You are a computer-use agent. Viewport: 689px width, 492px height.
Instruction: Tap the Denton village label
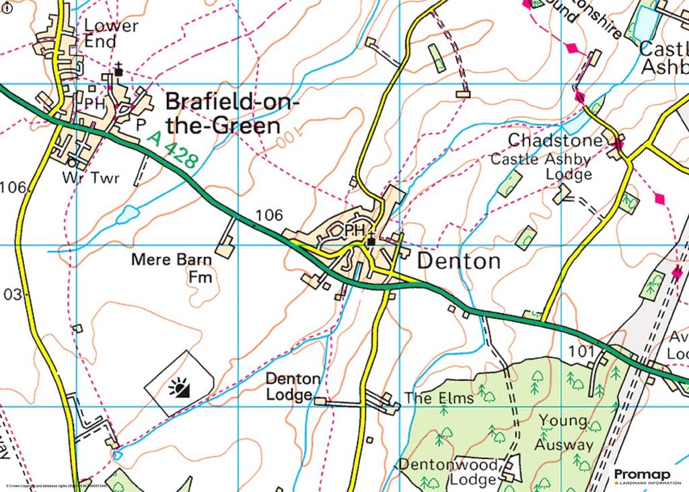pos(460,261)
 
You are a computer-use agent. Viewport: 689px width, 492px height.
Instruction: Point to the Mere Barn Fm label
pos(172,267)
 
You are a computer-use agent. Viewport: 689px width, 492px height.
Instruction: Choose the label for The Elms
pos(439,398)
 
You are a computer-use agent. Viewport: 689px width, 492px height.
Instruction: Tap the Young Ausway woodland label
pos(564,433)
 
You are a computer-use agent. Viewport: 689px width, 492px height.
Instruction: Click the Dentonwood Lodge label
pos(449,471)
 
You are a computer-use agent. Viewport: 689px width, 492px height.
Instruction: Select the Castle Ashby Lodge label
pos(541,167)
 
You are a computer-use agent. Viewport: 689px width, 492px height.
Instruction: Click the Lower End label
pos(111,34)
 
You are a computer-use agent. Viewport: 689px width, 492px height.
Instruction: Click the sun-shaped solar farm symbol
pos(179,388)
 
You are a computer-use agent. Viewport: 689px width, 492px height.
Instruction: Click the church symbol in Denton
pos(371,240)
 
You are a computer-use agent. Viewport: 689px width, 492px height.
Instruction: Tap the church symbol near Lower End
pos(118,70)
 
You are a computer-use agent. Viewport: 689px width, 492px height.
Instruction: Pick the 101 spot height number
pos(581,351)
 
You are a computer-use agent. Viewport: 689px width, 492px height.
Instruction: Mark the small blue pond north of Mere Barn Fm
pos(126,215)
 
